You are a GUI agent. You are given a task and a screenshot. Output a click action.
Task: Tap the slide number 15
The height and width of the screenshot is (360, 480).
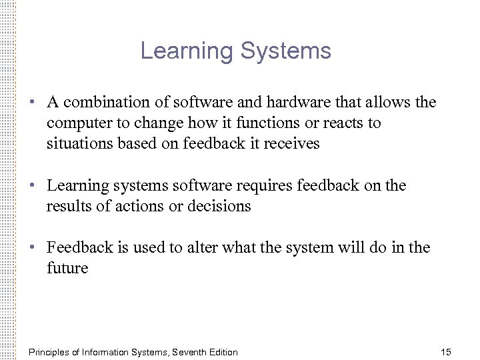point(446,351)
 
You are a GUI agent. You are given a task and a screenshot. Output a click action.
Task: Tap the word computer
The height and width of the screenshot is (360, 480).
point(77,123)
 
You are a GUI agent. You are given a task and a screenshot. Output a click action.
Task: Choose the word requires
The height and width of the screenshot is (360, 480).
point(256,186)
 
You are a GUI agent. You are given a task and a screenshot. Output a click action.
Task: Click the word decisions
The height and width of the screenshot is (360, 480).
point(221,206)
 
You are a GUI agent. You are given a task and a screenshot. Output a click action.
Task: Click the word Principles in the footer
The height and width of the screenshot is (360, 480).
point(51,351)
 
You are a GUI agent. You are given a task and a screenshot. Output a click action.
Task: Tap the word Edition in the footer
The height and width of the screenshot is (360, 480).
point(221,351)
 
